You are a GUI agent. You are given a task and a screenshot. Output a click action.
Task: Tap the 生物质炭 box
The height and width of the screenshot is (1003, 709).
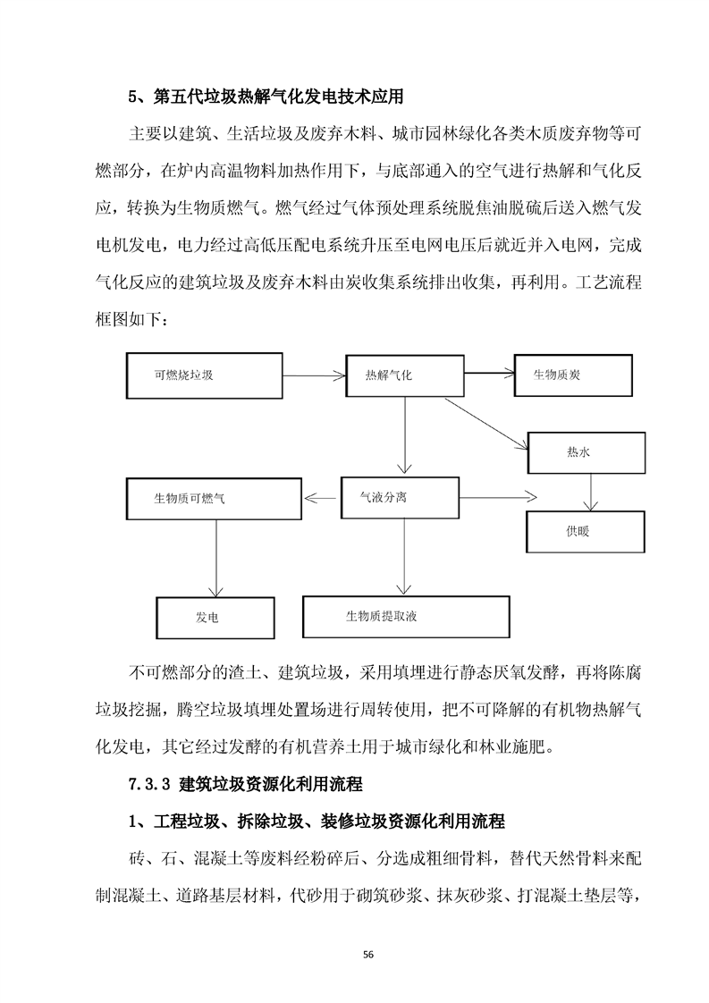coord(576,374)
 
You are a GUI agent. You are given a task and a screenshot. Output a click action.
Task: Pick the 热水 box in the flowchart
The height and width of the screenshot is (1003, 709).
coord(586,452)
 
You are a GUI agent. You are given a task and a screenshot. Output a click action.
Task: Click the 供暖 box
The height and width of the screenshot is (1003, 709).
coord(586,532)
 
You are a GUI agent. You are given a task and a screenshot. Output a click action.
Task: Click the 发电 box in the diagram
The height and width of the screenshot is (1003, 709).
coord(214,618)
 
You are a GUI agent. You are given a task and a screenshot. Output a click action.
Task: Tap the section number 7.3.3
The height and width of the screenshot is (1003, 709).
coord(149,785)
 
